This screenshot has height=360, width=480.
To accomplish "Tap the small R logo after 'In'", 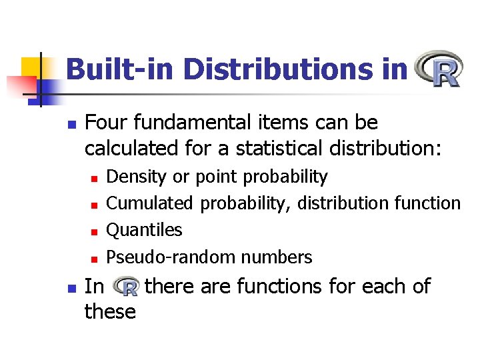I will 125,287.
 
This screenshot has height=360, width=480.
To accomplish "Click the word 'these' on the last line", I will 110,311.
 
